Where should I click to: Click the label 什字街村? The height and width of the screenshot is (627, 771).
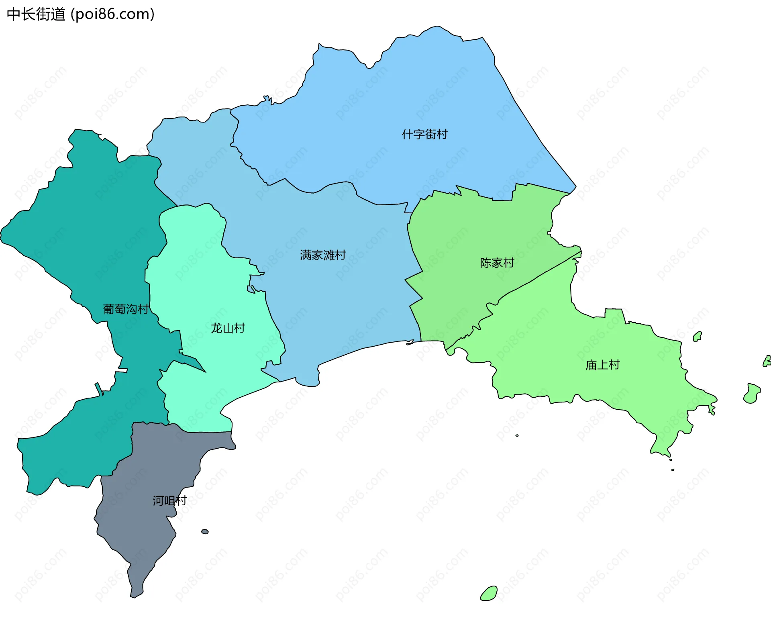424,134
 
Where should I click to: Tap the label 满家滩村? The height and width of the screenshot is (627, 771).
323,255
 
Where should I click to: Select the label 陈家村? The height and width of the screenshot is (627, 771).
497,263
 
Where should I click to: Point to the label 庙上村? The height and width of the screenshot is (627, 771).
602,365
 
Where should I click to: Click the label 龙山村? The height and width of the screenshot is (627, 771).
228,328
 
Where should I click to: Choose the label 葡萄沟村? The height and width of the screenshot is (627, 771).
126,309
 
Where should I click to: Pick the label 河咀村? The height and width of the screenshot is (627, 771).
169,500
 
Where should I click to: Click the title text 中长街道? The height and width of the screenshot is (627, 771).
36,14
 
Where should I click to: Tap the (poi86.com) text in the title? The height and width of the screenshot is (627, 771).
112,14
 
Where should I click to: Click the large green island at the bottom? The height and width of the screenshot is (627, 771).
489,594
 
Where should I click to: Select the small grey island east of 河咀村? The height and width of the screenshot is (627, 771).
205,531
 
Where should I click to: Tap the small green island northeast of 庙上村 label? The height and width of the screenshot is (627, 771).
698,337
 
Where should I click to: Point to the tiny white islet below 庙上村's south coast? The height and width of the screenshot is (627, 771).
517,435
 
